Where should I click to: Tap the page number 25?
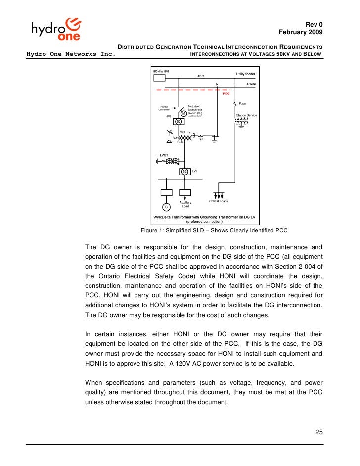pos(319,433)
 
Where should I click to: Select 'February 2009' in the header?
pos(301,33)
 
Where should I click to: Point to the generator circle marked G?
pos(166,206)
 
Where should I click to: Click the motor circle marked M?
pos(184,113)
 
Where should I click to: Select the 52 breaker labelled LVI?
pos(184,172)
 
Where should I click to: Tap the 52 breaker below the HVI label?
pos(179,121)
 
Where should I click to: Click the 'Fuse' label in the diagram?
pos(243,104)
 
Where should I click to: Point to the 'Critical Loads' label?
pos(219,201)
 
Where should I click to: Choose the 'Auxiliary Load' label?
pos(185,204)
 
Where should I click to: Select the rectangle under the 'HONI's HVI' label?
pos(159,78)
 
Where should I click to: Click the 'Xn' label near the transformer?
pos(201,139)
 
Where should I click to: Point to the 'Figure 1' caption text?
pos(214,231)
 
